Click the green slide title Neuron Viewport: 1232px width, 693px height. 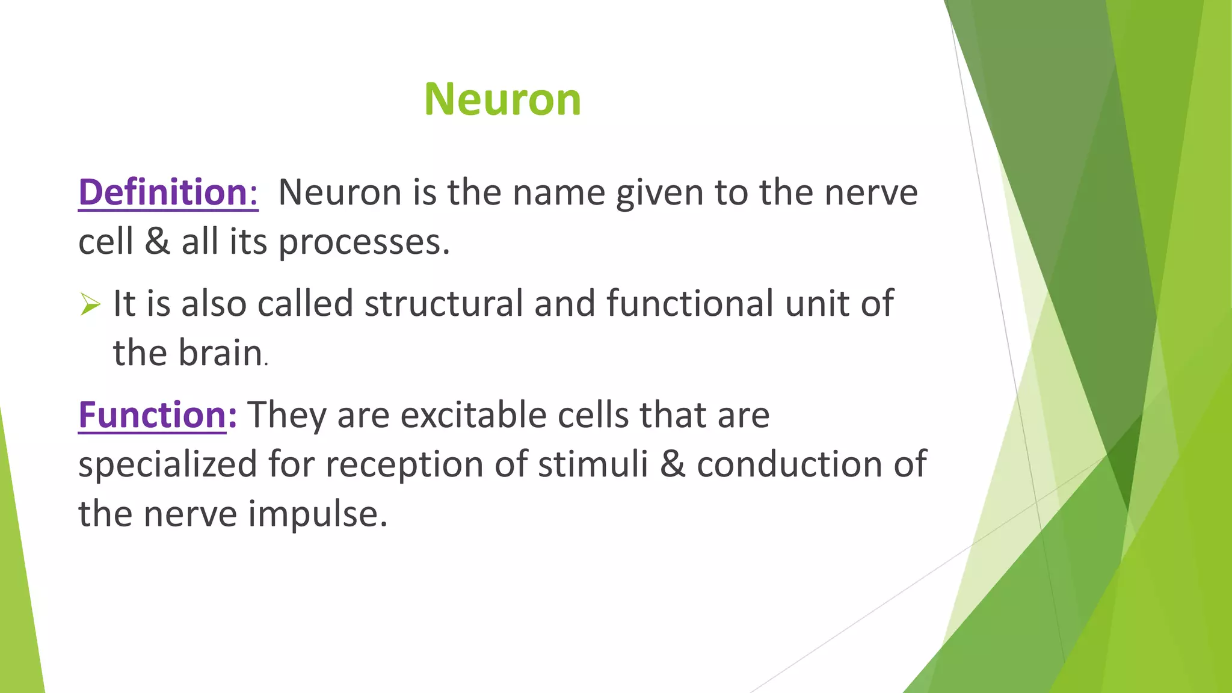point(502,99)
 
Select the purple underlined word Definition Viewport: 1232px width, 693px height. point(163,192)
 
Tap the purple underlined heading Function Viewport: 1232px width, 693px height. point(152,415)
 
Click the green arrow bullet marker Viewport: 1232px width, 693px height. point(90,304)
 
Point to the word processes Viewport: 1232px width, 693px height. point(363,242)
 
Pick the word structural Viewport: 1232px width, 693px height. point(443,303)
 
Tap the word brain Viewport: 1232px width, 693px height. point(220,353)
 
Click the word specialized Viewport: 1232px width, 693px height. point(167,465)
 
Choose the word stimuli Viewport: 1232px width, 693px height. point(593,465)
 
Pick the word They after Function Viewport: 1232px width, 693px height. point(287,416)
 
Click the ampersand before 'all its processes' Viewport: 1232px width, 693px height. point(158,242)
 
